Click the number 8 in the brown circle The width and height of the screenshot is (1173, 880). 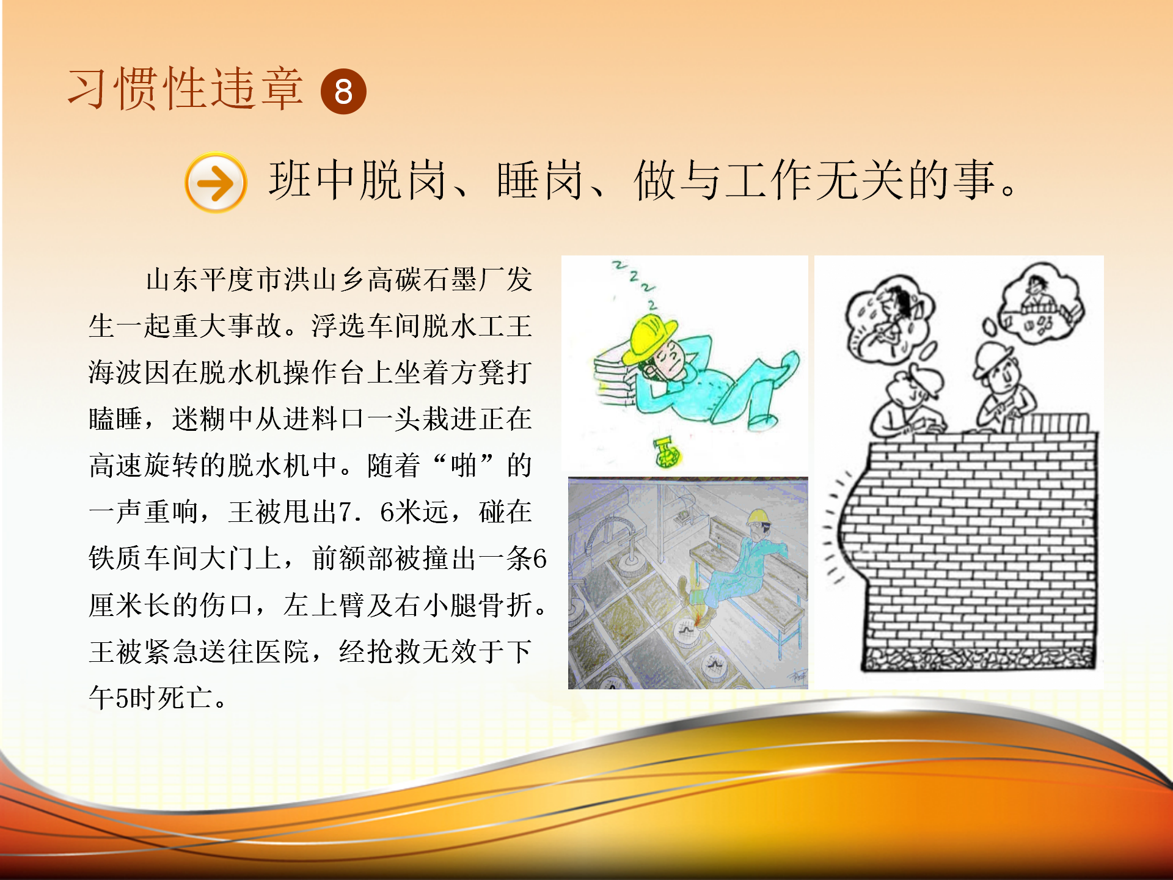[x=343, y=92]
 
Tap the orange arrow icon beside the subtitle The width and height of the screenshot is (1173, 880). [x=216, y=182]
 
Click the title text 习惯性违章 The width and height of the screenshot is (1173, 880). [x=185, y=89]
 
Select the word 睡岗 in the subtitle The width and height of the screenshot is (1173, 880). [x=540, y=180]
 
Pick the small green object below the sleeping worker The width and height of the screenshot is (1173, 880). [x=667, y=452]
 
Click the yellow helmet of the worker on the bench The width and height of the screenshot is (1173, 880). [x=758, y=518]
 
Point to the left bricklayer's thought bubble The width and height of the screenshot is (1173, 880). [x=889, y=319]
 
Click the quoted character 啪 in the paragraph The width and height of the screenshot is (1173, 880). [x=463, y=466]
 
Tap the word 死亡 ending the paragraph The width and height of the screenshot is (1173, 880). [x=185, y=698]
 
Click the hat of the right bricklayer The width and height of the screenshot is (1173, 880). [x=993, y=358]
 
